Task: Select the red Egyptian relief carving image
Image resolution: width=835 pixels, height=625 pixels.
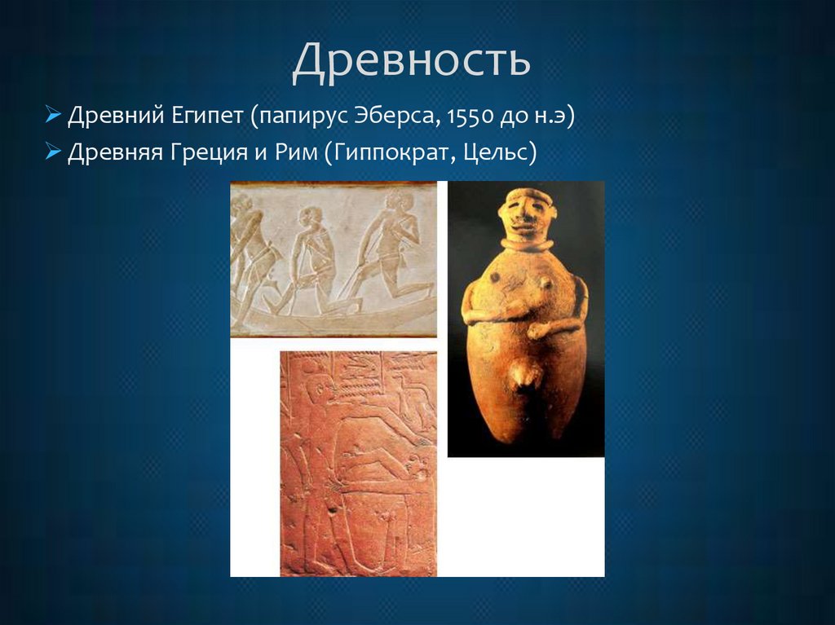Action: pos(358,463)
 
